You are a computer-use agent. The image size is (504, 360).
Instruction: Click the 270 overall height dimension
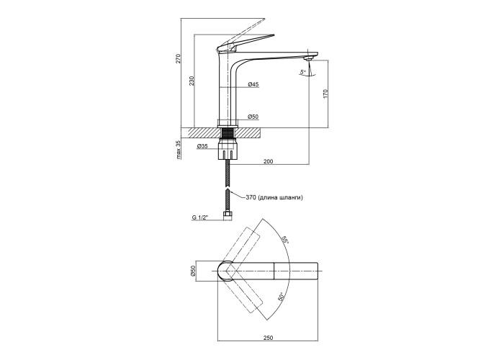pos(178,59)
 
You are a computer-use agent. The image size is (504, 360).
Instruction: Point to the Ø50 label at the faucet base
pos(253,117)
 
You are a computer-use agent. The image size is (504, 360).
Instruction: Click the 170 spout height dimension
pos(326,94)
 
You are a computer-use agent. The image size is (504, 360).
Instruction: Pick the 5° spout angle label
pos(303,72)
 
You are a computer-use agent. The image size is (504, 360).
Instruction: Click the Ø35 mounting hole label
pos(202,148)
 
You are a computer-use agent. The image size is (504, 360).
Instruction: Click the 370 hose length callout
pos(274,197)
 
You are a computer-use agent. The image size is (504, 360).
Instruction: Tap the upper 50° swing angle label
pos(286,240)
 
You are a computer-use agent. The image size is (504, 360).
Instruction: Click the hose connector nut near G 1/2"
pos(228,215)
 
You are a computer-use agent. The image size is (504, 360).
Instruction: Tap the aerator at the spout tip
pos(310,58)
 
